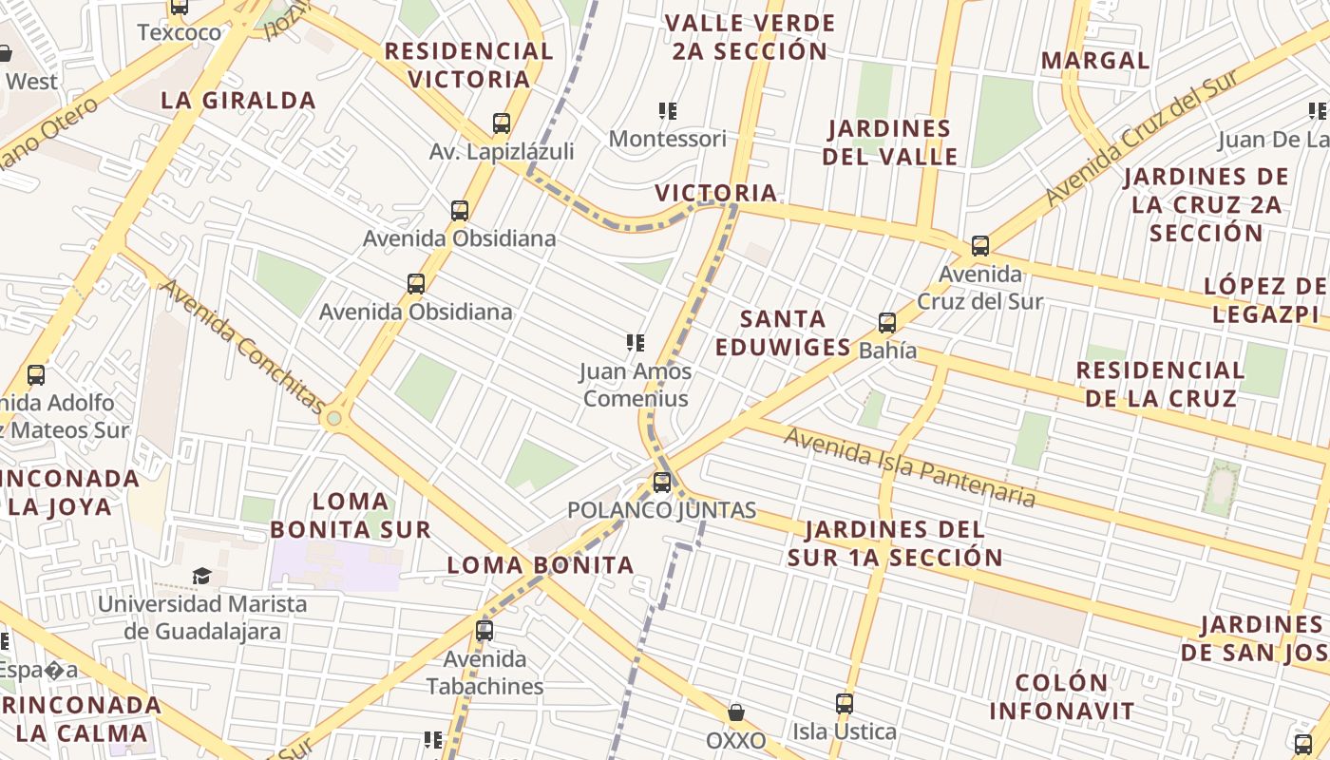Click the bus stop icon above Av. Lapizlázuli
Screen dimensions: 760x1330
pyautogui.click(x=502, y=123)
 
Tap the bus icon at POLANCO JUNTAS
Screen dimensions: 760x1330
pyautogui.click(x=662, y=483)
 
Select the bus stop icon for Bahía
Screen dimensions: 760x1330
pyautogui.click(x=887, y=323)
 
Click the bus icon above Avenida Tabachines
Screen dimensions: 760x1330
pyautogui.click(x=484, y=631)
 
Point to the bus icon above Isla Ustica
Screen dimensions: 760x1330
pyautogui.click(x=845, y=704)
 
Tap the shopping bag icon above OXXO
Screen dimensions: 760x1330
pyautogui.click(x=735, y=712)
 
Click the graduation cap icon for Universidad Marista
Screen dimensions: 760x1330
pyautogui.click(x=201, y=576)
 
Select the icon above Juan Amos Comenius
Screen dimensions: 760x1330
pyautogui.click(x=636, y=343)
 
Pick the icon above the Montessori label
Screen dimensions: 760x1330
pyautogui.click(x=668, y=111)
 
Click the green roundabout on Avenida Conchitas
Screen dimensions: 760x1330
pyautogui.click(x=333, y=418)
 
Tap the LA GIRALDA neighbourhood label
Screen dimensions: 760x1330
pyautogui.click(x=238, y=101)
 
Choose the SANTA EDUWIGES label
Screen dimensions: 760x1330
pyautogui.click(x=783, y=332)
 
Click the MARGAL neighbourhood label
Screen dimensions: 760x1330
pyautogui.click(x=1095, y=61)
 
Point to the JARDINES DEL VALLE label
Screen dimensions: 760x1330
pyautogui.click(x=890, y=142)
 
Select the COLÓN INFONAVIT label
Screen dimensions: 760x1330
pyautogui.click(x=1062, y=696)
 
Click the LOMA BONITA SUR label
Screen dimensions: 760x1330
pyautogui.click(x=351, y=515)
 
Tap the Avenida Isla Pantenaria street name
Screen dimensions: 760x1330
pyautogui.click(x=910, y=466)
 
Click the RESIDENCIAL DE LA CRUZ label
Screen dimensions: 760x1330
pyautogui.click(x=1160, y=384)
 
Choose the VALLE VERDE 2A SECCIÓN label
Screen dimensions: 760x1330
pyautogui.click(x=750, y=37)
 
